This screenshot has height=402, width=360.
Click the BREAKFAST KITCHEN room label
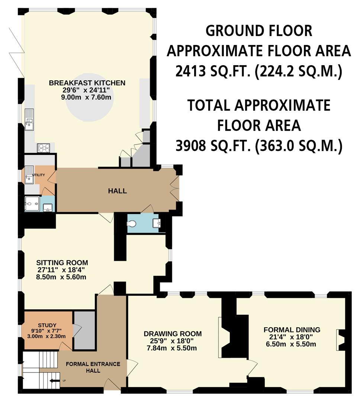tap(87, 83)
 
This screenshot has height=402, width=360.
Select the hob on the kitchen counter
tap(43, 148)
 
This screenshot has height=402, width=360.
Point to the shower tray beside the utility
tap(32, 204)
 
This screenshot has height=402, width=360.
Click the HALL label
tap(117, 191)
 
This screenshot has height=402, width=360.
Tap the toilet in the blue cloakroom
tap(132, 224)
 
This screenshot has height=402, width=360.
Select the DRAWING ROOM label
tap(173, 334)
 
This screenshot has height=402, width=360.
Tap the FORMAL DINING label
tap(292, 329)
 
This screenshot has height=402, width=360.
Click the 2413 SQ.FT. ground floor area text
tap(258, 71)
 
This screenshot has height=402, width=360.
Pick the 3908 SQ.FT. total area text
tap(258, 146)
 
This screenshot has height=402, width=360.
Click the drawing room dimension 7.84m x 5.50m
tap(173, 348)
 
